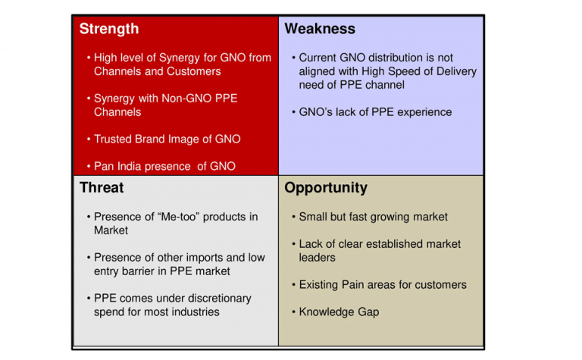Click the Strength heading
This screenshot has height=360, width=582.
(x=109, y=30)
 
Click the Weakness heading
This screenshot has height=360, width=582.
(x=320, y=29)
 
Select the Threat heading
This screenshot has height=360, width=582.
(x=102, y=188)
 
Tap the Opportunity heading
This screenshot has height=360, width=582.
(x=326, y=188)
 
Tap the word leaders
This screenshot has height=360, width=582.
(x=317, y=258)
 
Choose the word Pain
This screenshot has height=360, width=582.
(x=353, y=285)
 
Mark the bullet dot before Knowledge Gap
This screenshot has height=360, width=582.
(x=293, y=312)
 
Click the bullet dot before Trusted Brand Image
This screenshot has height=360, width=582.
(x=89, y=139)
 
